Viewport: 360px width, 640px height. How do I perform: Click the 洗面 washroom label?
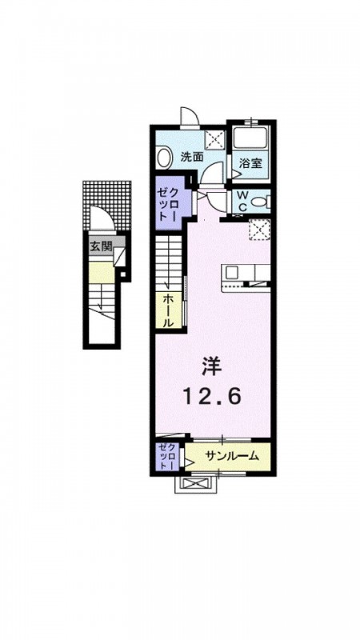192,158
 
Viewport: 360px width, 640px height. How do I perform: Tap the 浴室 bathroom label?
250,164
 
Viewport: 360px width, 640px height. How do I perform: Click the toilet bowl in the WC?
258,202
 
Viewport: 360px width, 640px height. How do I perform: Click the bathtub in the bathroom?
250,139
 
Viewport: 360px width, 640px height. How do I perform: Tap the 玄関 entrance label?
101,247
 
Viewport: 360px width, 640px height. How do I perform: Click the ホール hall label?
168,310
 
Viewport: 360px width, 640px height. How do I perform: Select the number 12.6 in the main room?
211,396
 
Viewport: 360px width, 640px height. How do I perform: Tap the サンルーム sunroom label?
232,455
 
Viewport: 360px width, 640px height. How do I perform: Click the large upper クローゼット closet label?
168,204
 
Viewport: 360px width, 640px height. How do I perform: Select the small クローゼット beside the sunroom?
167,457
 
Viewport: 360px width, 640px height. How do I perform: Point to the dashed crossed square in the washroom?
214,139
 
